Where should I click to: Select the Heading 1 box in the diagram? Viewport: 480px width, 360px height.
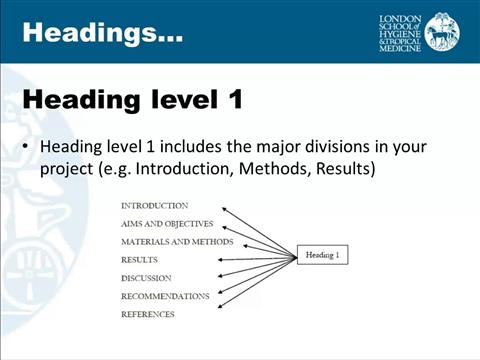pyautogui.click(x=322, y=255)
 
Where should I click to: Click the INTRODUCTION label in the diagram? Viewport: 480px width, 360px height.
pyautogui.click(x=154, y=206)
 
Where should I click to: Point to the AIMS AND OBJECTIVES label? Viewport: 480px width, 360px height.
pyautogui.click(x=167, y=224)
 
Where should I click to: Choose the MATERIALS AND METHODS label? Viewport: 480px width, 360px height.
pyautogui.click(x=177, y=242)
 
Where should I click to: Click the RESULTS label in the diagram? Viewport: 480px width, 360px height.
pyautogui.click(x=139, y=260)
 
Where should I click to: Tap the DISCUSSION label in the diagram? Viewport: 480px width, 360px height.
pyautogui.click(x=146, y=278)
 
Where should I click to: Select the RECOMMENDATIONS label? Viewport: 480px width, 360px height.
pyautogui.click(x=165, y=296)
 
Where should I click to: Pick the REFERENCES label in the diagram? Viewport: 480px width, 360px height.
pyautogui.click(x=147, y=314)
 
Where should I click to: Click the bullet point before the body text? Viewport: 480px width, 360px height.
pyautogui.click(x=28, y=147)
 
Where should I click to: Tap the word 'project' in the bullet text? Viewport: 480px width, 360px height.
pyautogui.click(x=68, y=169)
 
